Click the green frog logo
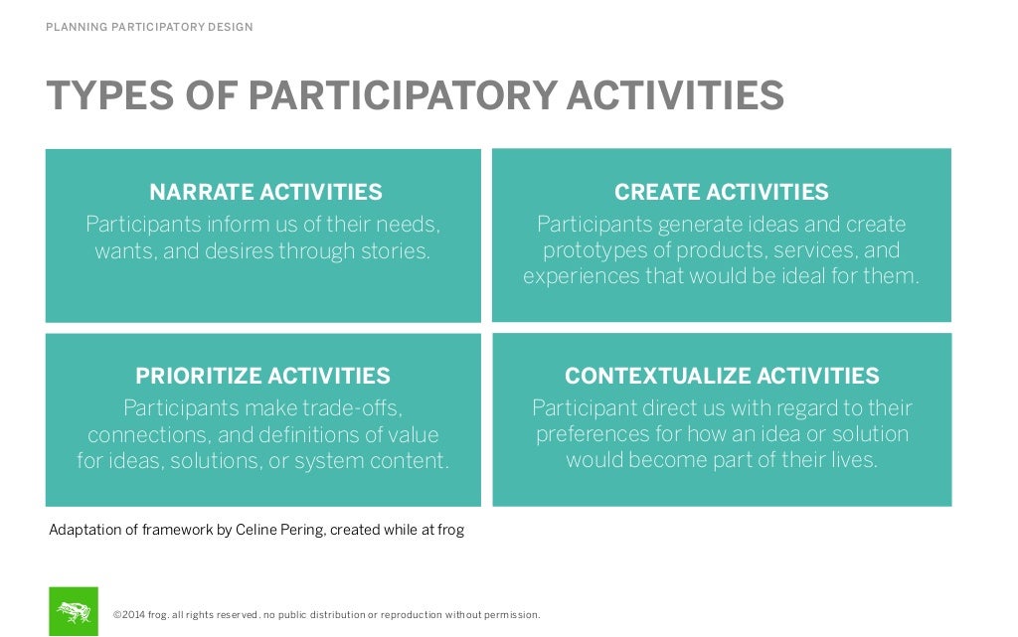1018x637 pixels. tap(74, 611)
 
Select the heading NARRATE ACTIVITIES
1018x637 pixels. tap(265, 192)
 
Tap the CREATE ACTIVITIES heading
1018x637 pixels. tap(721, 192)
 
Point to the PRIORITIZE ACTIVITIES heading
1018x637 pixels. tap(262, 376)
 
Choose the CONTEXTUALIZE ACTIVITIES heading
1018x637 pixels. tap(722, 376)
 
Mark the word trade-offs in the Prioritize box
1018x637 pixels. tap(351, 408)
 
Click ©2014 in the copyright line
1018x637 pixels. tap(129, 615)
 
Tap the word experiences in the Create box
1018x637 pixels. tap(581, 276)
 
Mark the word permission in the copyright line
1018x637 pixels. tap(510, 615)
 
